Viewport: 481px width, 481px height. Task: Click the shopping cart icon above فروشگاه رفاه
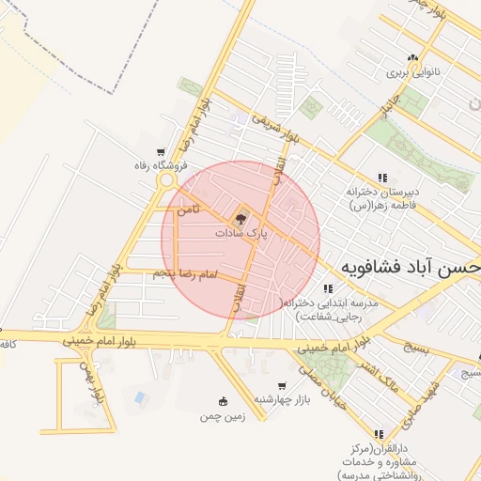(163, 153)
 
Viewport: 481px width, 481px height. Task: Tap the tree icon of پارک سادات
(241, 219)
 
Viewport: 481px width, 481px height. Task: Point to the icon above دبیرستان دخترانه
(381, 178)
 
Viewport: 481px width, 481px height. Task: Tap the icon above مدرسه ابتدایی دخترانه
(327, 288)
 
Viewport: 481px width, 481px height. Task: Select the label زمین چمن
(222, 414)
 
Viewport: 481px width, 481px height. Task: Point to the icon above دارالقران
(379, 434)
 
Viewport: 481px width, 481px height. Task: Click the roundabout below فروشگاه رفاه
(167, 179)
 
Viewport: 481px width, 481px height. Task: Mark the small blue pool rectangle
(140, 398)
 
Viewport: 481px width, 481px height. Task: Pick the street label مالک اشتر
(387, 372)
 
